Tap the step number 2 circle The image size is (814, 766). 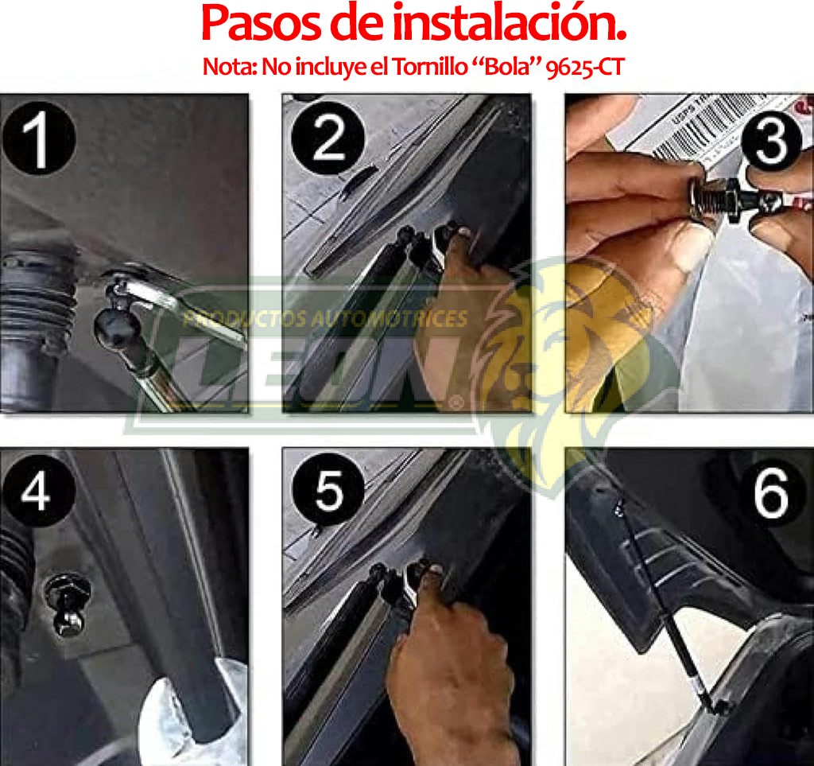(x=328, y=139)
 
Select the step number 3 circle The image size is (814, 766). (x=771, y=142)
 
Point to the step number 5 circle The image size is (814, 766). (x=328, y=491)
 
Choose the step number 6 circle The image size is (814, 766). (x=771, y=493)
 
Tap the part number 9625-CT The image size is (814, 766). (x=584, y=67)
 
